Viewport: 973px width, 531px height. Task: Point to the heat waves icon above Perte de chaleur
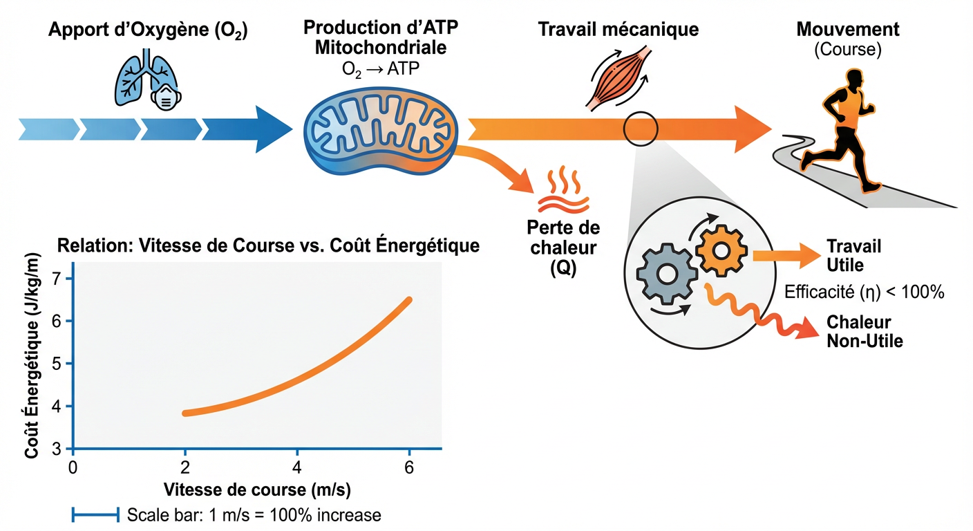[x=564, y=189]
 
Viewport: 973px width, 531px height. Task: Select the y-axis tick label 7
[x=57, y=279]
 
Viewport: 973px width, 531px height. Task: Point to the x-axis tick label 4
[x=297, y=467]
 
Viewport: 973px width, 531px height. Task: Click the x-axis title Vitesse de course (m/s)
[x=258, y=490]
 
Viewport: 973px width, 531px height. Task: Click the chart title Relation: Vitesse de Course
[x=269, y=245]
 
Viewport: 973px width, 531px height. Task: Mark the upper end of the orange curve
[x=409, y=300]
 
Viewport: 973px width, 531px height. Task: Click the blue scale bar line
[x=96, y=514]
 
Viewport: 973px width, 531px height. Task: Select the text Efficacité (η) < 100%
[x=864, y=292]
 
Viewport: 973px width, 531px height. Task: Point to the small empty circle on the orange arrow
[x=641, y=128]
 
